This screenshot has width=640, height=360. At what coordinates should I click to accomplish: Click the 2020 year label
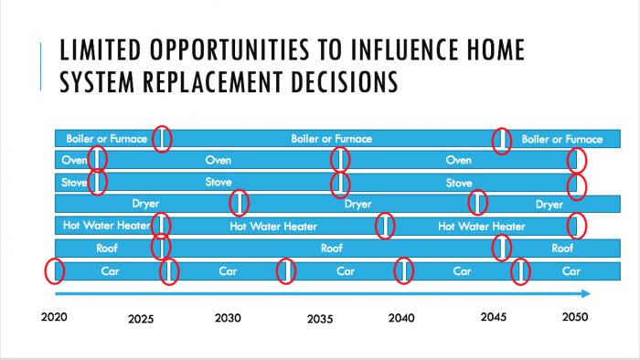(x=56, y=318)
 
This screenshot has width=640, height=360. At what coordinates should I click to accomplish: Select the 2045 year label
(x=493, y=318)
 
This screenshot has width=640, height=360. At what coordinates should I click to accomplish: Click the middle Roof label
(x=331, y=248)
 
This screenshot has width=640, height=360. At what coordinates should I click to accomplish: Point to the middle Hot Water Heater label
(x=273, y=226)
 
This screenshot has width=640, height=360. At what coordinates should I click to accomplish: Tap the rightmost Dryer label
(x=549, y=204)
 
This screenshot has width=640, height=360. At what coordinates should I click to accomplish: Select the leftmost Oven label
(x=74, y=160)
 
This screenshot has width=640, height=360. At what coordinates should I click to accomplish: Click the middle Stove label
(x=219, y=183)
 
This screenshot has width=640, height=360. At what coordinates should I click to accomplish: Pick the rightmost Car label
(x=571, y=270)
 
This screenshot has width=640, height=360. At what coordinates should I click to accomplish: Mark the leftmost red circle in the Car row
(x=55, y=270)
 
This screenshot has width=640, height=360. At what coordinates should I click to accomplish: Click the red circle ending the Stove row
(x=576, y=185)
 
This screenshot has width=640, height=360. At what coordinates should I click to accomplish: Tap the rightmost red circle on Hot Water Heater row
(x=576, y=225)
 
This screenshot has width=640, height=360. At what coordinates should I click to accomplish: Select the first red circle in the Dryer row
(x=239, y=203)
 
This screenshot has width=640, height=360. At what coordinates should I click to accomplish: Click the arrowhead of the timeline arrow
(x=585, y=293)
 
